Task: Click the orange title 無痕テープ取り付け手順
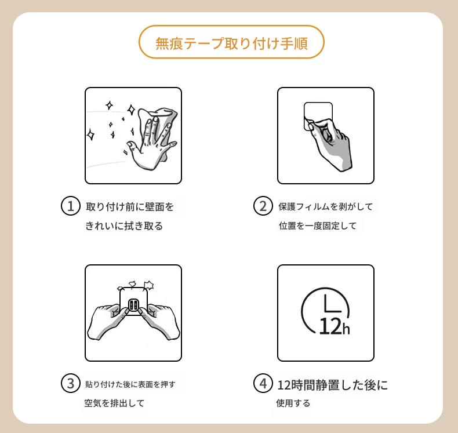pyautogui.click(x=231, y=43)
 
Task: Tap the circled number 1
pyautogui.click(x=70, y=206)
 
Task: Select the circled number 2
pyautogui.click(x=263, y=206)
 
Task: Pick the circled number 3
pyautogui.click(x=70, y=383)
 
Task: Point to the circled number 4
pyautogui.click(x=263, y=383)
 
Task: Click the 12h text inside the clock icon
pyautogui.click(x=335, y=326)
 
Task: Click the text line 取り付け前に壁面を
pyautogui.click(x=130, y=207)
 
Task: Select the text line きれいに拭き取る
pyautogui.click(x=124, y=225)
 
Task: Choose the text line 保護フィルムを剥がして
pyautogui.click(x=325, y=207)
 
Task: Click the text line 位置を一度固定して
pyautogui.click(x=318, y=225)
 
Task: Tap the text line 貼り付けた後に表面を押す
pyautogui.click(x=130, y=384)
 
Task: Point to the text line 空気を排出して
pyautogui.click(x=114, y=403)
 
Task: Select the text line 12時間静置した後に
pyautogui.click(x=332, y=385)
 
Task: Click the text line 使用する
pyautogui.click(x=293, y=403)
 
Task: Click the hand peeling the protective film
pyautogui.click(x=330, y=143)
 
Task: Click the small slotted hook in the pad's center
pyautogui.click(x=133, y=305)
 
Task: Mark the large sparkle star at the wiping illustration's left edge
pyautogui.click(x=91, y=134)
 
